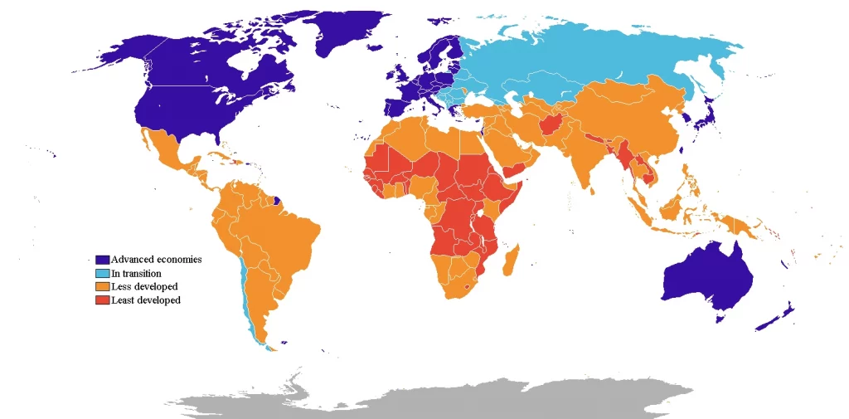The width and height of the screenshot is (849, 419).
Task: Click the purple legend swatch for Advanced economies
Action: coord(102,260)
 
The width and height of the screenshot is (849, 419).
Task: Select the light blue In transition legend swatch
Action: coord(102,273)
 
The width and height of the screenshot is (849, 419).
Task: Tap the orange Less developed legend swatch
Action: coord(102,286)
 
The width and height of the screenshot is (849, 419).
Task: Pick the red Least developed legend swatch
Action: coord(102,300)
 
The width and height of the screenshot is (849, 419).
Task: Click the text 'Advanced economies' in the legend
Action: coord(156,260)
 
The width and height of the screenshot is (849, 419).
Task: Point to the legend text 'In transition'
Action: coord(136,273)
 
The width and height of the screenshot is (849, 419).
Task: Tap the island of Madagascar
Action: coord(512,256)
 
